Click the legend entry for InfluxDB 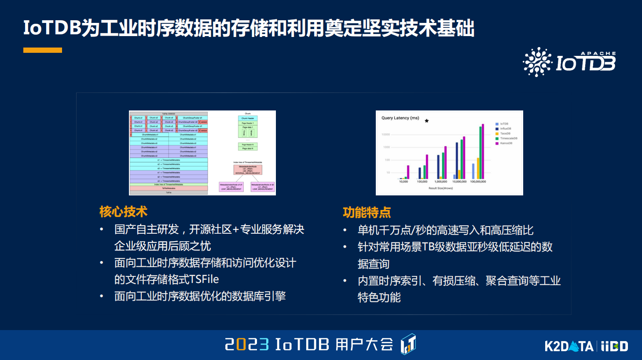click(x=505, y=129)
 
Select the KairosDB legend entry click(x=506, y=143)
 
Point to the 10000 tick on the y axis click(x=385, y=135)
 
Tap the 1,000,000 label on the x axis click(x=440, y=182)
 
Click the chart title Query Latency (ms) click(x=400, y=118)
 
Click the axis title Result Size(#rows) click(x=440, y=188)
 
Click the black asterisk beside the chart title click(x=426, y=121)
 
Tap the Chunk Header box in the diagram click(x=248, y=118)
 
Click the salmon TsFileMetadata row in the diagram click(x=169, y=188)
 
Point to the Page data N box click(x=248, y=149)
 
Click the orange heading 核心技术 click(x=123, y=212)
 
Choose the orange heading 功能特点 click(x=367, y=213)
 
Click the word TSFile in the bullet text click(x=204, y=279)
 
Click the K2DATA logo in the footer click(x=569, y=346)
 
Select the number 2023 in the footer click(x=246, y=344)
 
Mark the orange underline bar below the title click(x=43, y=50)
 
